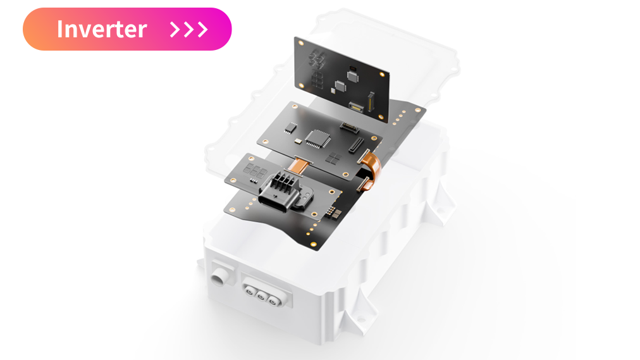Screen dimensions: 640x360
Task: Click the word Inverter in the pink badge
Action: tap(102, 29)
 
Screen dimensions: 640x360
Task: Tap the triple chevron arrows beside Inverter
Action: tap(189, 29)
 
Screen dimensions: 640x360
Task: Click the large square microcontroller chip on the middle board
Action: tap(318, 138)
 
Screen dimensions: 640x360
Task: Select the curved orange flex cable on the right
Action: tap(371, 168)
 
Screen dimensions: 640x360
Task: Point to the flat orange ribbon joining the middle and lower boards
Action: tap(299, 164)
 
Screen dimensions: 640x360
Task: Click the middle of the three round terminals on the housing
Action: tap(261, 296)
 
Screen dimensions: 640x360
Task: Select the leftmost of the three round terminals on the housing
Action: tap(249, 290)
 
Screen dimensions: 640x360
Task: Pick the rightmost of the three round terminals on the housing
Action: tap(272, 301)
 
